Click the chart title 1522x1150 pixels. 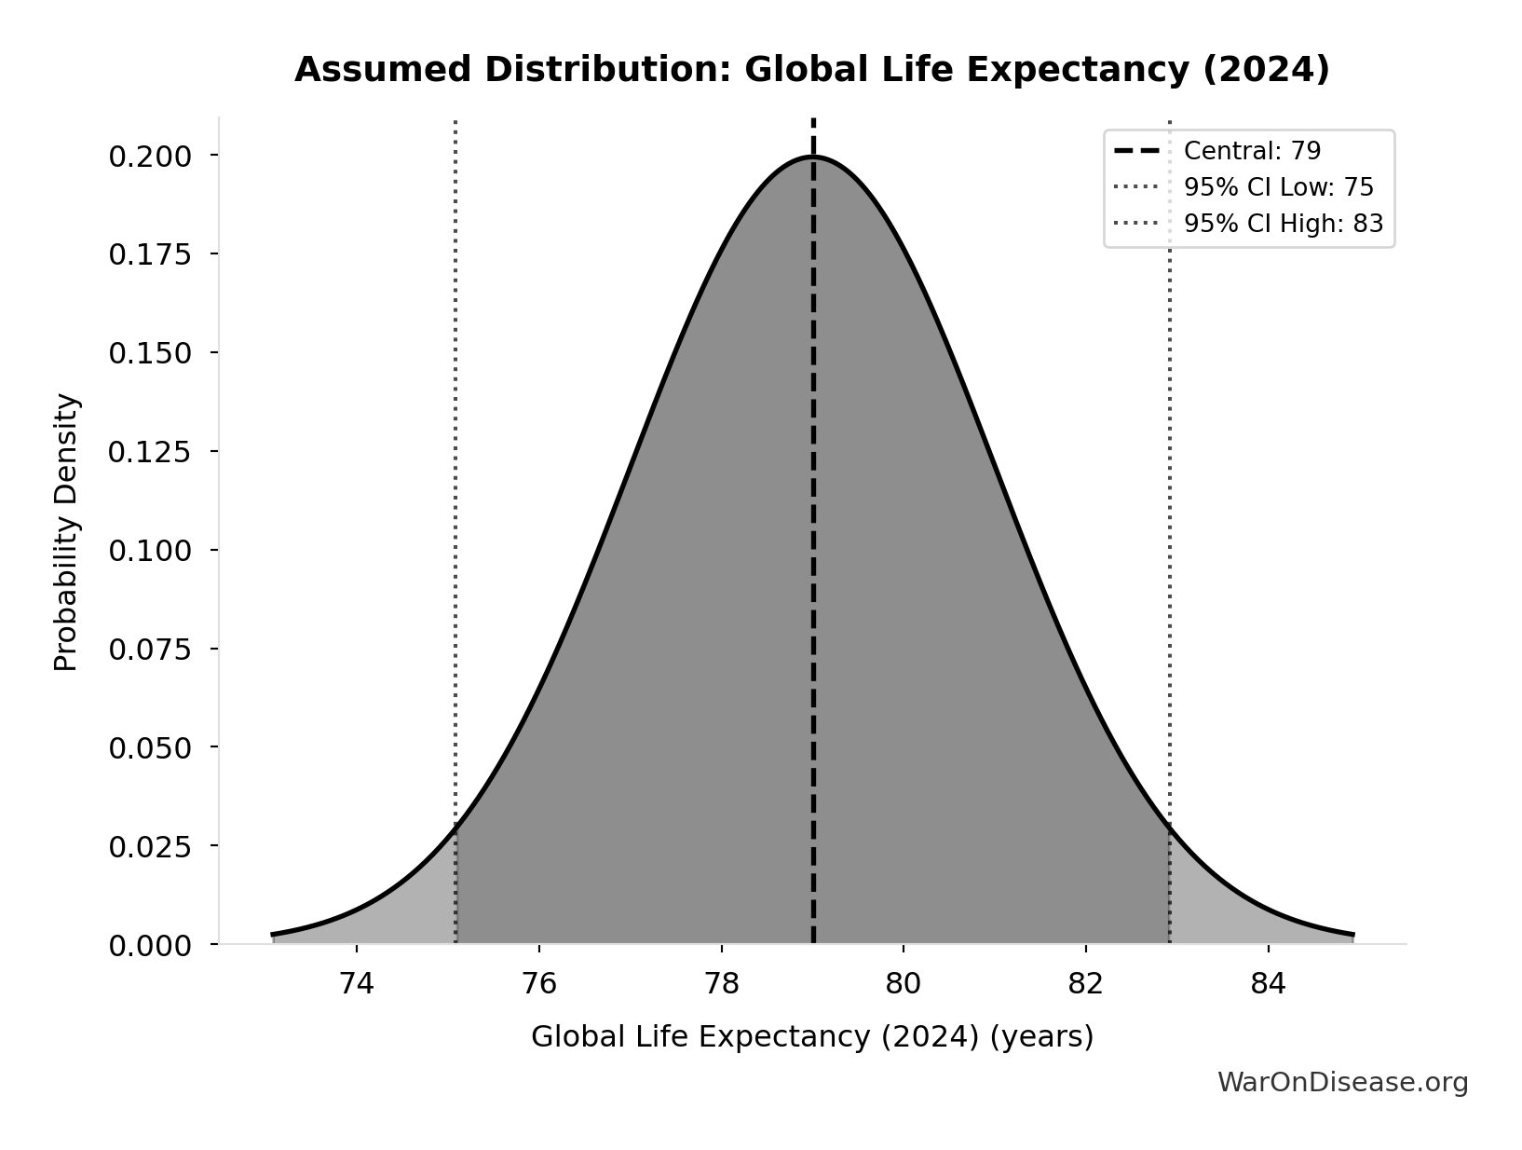[811, 71]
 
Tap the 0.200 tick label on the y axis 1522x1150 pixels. [150, 157]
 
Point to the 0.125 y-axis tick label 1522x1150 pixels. [150, 453]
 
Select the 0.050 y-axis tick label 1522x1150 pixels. [150, 749]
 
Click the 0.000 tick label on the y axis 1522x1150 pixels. [150, 947]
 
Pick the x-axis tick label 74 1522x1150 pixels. [357, 984]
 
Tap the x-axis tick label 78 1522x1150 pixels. [721, 984]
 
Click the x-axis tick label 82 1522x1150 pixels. [1085, 984]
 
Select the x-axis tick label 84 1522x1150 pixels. [1268, 984]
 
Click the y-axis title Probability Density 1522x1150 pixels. [67, 532]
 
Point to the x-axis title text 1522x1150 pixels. [811, 1037]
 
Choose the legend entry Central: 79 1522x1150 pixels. [1251, 151]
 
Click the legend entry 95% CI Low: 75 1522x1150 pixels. [1278, 187]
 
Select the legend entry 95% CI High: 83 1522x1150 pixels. [1283, 224]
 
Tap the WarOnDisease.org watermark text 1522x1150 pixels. [1342, 1083]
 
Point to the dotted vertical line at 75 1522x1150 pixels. [455, 466]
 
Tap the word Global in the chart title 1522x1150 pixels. [797, 71]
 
